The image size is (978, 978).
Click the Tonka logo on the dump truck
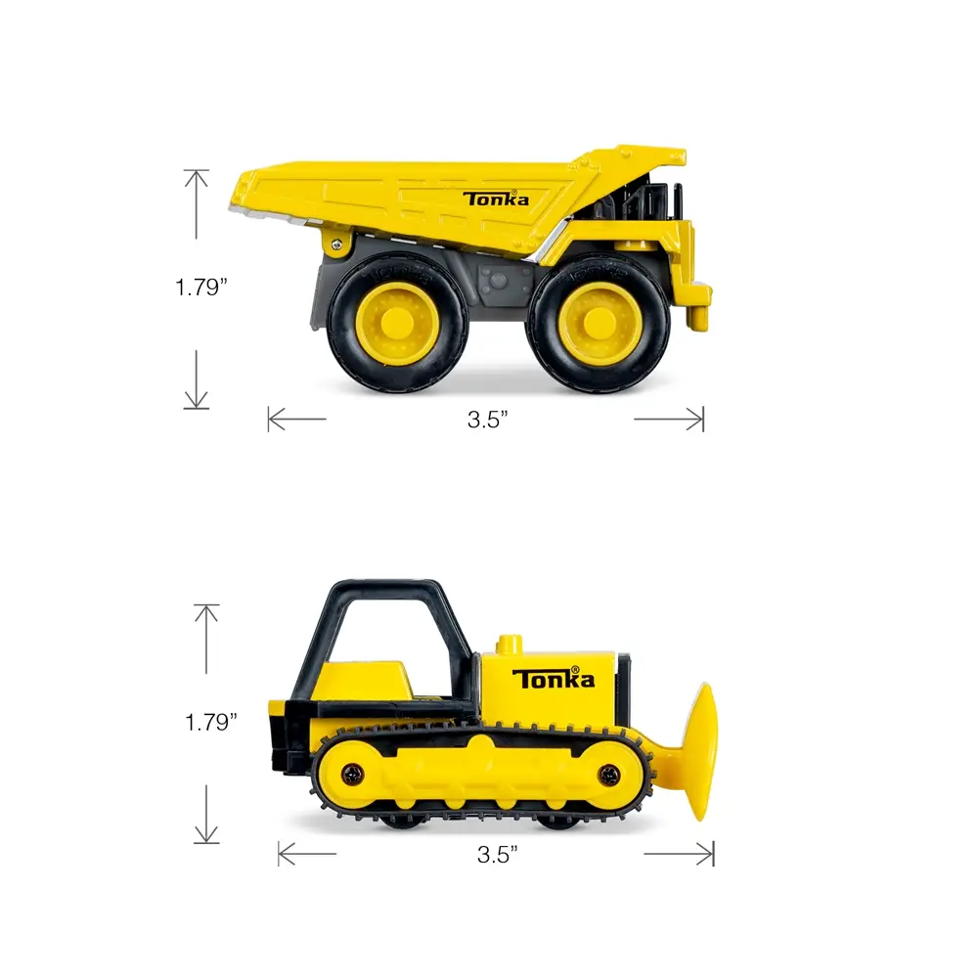pyautogui.click(x=495, y=199)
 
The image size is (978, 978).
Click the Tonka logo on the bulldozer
pyautogui.click(x=554, y=678)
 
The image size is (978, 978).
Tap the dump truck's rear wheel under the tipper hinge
pyautogui.click(x=397, y=321)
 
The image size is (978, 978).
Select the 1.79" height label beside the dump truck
pyautogui.click(x=200, y=288)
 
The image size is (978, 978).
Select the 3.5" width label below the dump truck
pyautogui.click(x=488, y=420)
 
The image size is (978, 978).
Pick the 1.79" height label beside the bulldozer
pyautogui.click(x=211, y=723)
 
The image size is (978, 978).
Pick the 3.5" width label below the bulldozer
pyautogui.click(x=498, y=855)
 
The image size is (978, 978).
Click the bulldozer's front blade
pyautogui.click(x=701, y=750)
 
